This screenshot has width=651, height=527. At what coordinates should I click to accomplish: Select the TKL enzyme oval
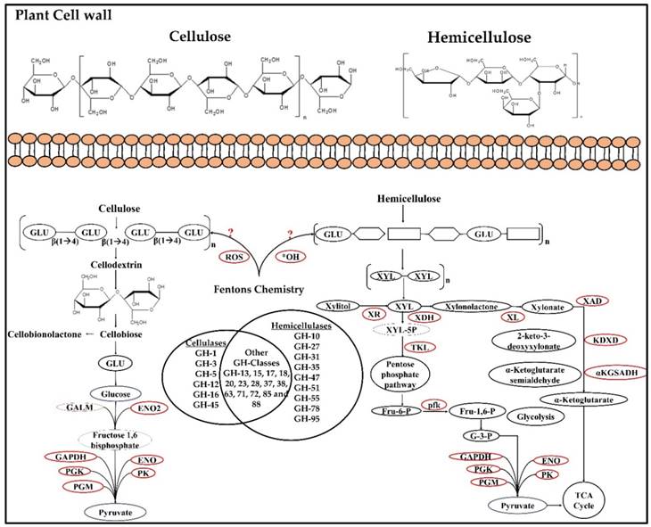pos(416,346)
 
